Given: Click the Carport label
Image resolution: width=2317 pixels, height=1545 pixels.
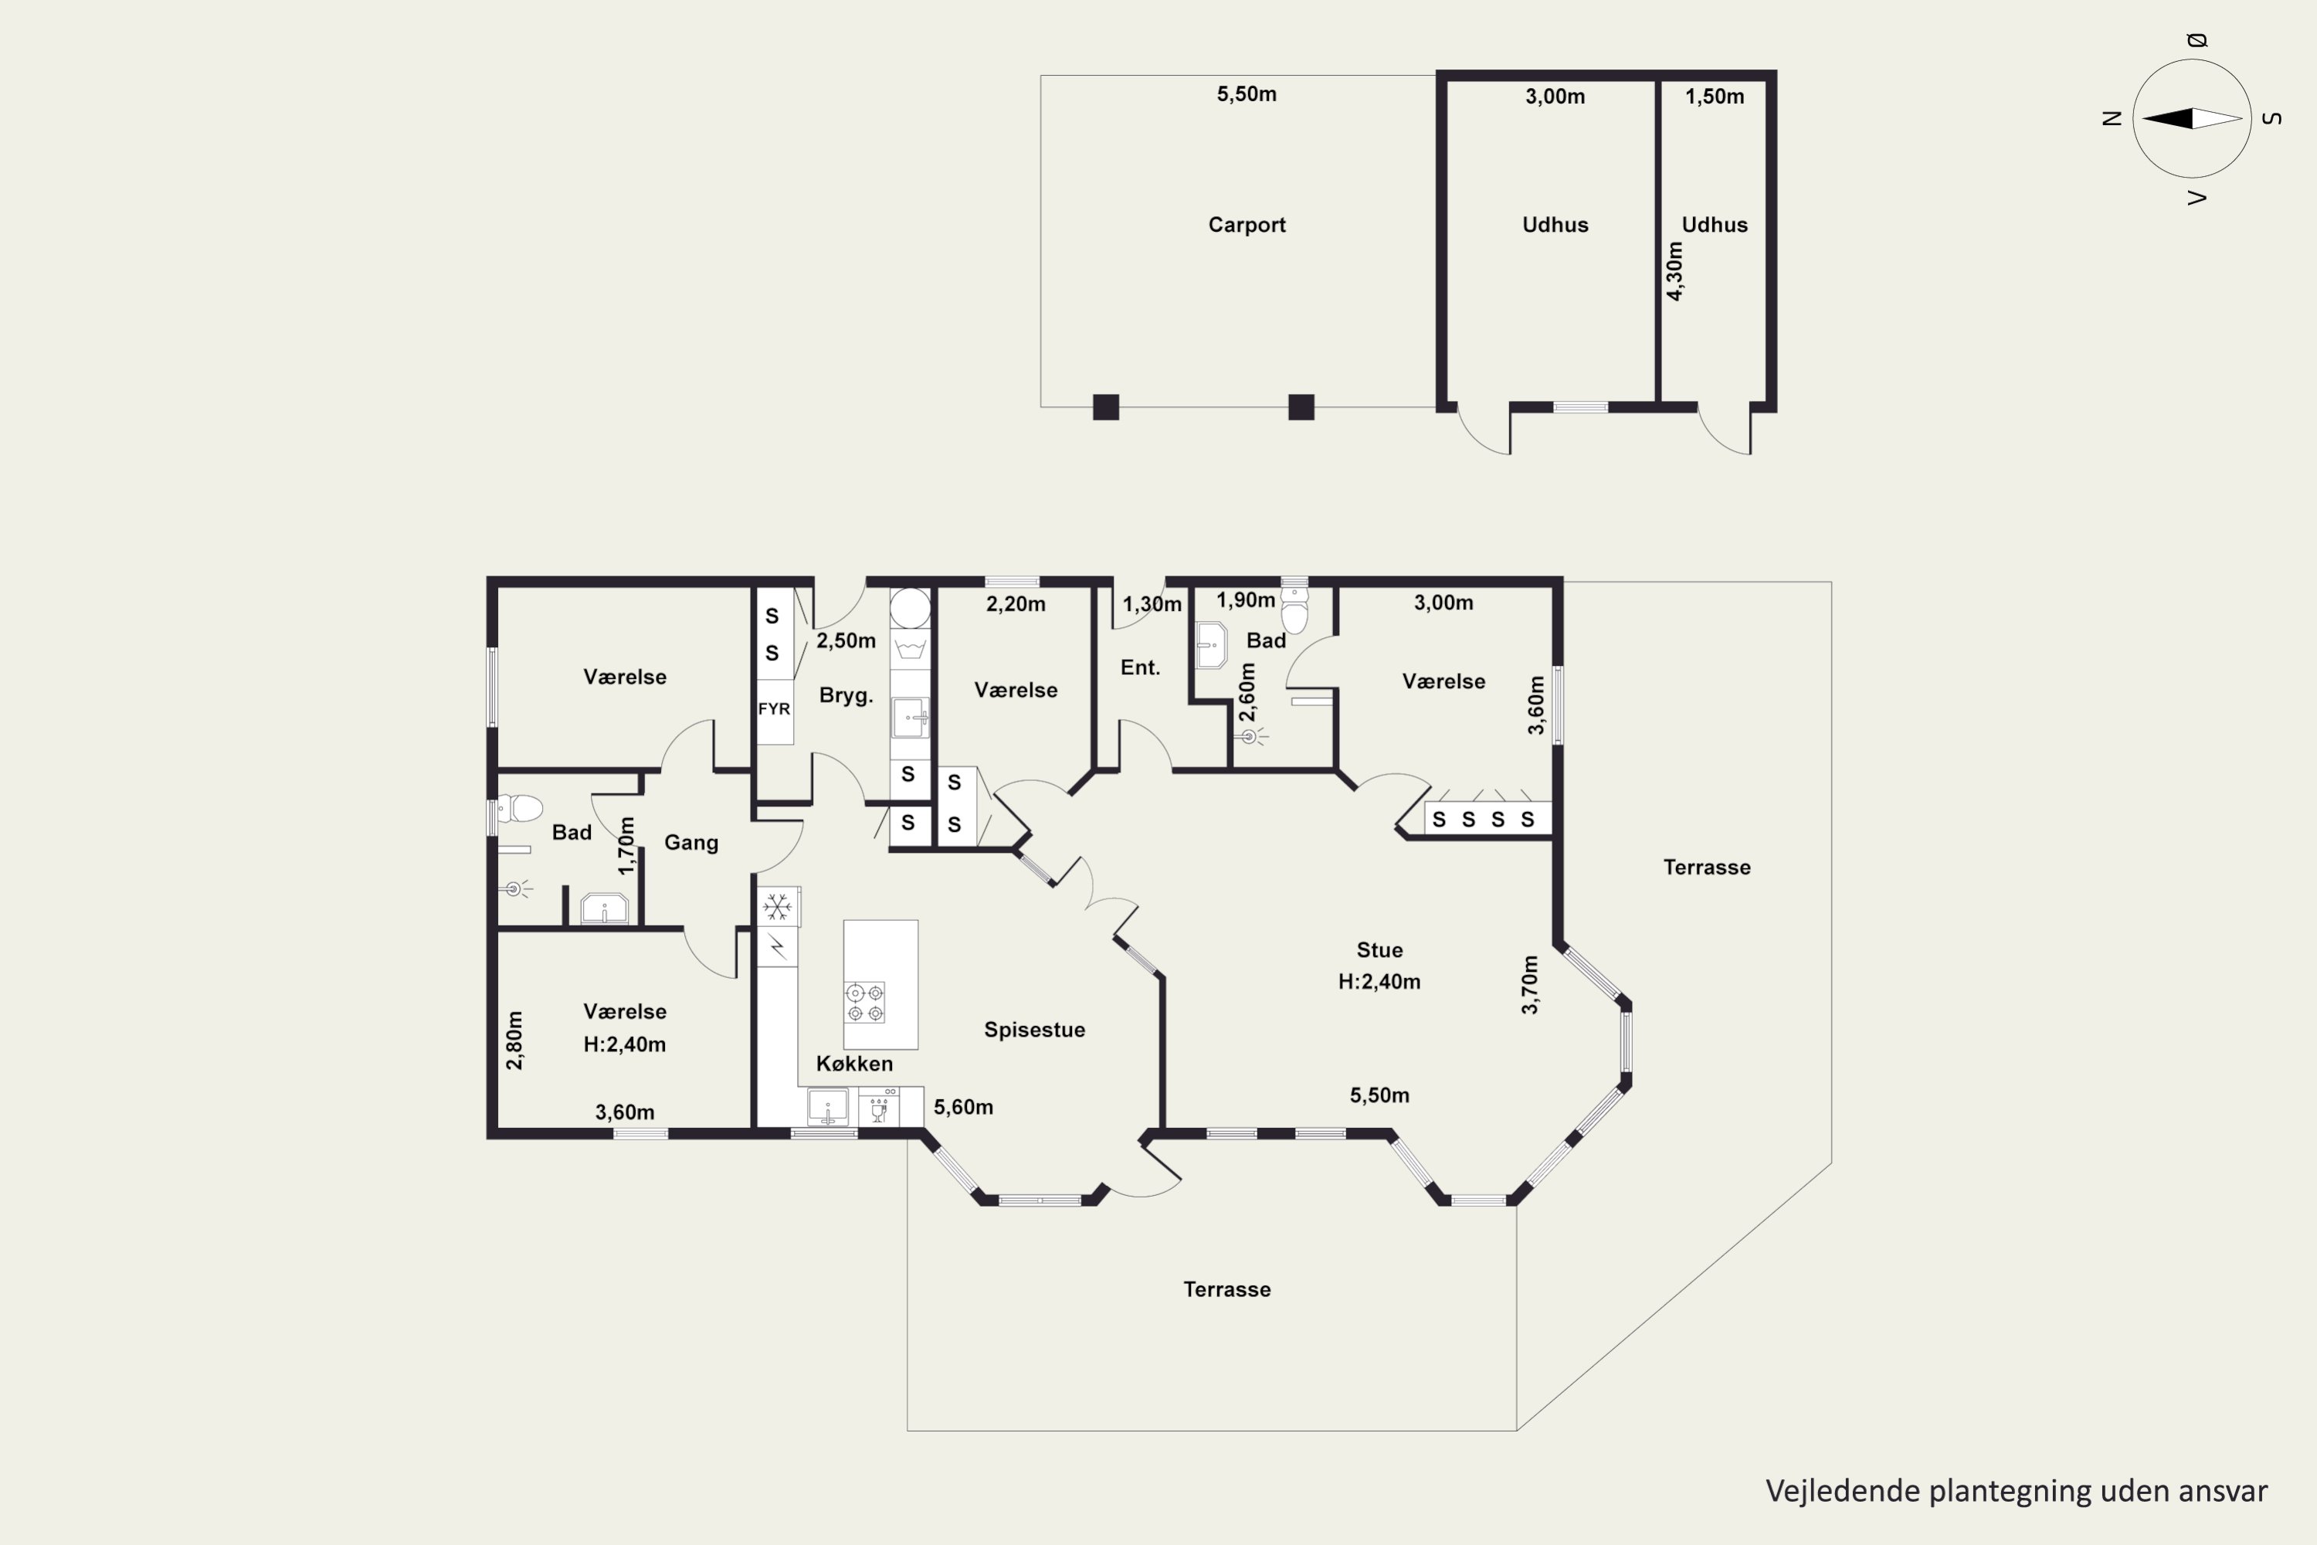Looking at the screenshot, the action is click(1247, 225).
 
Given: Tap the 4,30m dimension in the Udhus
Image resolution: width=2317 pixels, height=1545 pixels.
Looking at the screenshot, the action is click(1674, 271).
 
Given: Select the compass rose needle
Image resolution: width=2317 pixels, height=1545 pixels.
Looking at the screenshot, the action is click(2192, 118).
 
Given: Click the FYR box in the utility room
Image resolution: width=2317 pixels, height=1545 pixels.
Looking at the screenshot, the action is click(775, 708).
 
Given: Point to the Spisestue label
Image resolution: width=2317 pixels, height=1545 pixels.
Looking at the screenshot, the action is click(1034, 1030).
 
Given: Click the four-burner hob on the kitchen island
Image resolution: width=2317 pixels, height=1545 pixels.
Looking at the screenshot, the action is click(865, 1002).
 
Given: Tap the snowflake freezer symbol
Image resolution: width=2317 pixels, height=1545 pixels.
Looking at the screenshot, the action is click(777, 906).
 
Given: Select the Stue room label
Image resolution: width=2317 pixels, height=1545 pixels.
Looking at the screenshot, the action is click(1379, 950).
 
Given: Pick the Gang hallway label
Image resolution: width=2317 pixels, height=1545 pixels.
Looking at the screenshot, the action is click(690, 843).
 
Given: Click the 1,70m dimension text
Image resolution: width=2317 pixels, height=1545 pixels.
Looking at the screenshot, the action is click(626, 845).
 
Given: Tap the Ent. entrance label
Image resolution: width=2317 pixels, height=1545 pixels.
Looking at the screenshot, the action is click(1140, 667).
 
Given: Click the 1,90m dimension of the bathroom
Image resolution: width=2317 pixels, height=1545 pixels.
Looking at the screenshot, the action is click(1245, 600).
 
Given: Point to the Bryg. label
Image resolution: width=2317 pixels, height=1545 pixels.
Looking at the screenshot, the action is click(846, 696).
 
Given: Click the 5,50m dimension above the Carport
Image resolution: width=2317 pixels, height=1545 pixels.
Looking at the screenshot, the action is click(1247, 93).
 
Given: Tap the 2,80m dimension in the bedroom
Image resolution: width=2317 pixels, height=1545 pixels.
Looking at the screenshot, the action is click(514, 1041).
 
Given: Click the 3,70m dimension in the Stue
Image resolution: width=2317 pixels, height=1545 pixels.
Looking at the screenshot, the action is click(1530, 984).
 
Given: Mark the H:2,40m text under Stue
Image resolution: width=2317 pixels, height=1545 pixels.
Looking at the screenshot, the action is click(1379, 981).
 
